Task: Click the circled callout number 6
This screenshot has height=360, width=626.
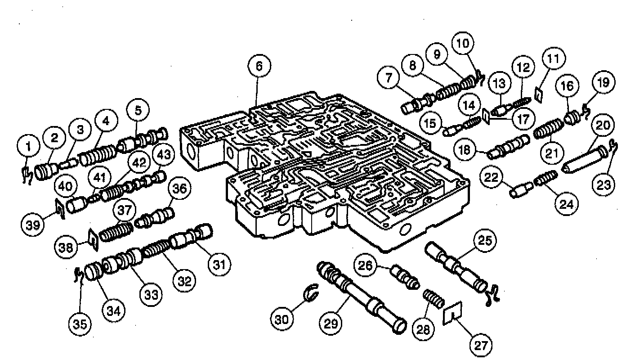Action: (259, 66)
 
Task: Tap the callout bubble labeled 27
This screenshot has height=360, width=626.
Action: (481, 346)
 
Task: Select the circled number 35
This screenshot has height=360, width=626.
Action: (80, 324)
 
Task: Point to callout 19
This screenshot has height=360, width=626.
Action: (603, 82)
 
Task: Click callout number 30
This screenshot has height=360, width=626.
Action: (282, 319)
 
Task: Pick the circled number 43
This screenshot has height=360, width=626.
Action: (164, 154)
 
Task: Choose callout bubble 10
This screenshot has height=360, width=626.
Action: (463, 43)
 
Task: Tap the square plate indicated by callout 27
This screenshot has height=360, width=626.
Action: (452, 313)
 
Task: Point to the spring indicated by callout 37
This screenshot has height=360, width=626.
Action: (116, 232)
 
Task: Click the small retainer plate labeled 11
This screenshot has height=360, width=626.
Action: (538, 95)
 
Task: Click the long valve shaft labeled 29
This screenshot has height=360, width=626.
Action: (361, 297)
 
